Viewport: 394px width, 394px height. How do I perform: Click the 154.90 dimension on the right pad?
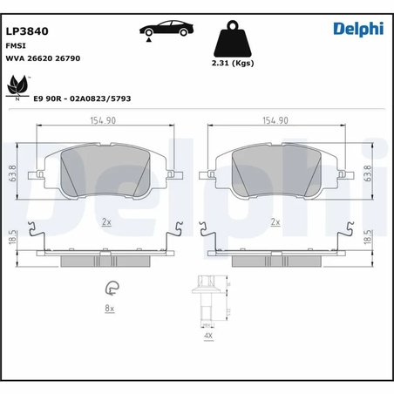pyautogui.click(x=275, y=123)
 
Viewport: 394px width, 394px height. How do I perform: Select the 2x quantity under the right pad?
pyautogui.click(x=275, y=223)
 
